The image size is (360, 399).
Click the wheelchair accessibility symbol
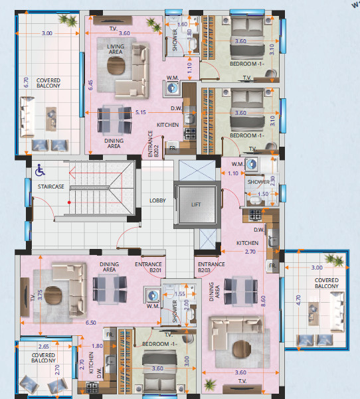coord(40,170)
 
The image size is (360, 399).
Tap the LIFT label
coord(196,204)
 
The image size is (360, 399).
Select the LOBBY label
coord(157,200)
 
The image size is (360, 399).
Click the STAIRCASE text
coord(51,187)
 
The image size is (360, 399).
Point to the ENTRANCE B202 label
coord(153,144)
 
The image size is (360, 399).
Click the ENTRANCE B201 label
coord(148,267)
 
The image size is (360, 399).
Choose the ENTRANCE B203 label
coord(211,267)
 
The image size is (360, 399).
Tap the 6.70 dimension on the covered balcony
coord(26,82)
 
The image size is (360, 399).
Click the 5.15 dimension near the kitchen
coord(141,112)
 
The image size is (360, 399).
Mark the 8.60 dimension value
coord(263,301)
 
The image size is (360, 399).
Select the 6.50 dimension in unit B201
coord(91,323)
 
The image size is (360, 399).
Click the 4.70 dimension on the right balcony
coord(299,300)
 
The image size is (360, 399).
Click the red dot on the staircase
coord(69,202)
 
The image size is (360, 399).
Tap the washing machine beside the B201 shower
coord(153,295)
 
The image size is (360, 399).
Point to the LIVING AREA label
coord(116,49)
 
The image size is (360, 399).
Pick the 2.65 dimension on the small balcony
coord(44,347)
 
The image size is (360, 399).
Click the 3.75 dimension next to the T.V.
coord(40,295)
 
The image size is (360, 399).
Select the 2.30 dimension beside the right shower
coord(272,181)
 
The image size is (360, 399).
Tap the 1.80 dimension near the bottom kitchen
coord(97,346)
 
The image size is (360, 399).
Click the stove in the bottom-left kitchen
coord(92,388)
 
